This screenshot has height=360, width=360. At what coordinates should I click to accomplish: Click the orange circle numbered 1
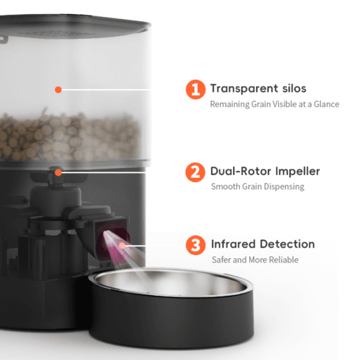[196, 90]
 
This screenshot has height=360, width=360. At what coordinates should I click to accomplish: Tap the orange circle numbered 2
[196, 172]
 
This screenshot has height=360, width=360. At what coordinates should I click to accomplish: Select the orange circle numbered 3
[196, 245]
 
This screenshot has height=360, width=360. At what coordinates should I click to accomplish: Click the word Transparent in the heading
[244, 89]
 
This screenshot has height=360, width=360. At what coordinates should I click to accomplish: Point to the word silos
[294, 88]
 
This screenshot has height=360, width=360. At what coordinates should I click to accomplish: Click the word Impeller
[298, 172]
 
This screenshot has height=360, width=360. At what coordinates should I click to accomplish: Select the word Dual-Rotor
[241, 171]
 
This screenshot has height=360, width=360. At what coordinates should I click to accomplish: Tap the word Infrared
[233, 244]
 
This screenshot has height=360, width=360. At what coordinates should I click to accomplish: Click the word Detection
[287, 244]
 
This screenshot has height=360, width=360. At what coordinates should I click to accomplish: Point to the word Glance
[326, 104]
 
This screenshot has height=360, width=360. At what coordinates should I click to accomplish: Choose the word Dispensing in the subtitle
[284, 186]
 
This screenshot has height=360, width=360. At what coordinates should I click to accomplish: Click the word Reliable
[284, 260]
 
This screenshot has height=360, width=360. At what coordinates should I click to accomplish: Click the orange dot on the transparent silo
[59, 90]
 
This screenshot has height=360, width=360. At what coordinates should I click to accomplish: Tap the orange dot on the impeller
[59, 172]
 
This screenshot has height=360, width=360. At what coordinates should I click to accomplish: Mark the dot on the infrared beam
[122, 246]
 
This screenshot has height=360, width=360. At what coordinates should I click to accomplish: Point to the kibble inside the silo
[68, 138]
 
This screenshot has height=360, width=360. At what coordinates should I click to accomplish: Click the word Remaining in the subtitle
[229, 104]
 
